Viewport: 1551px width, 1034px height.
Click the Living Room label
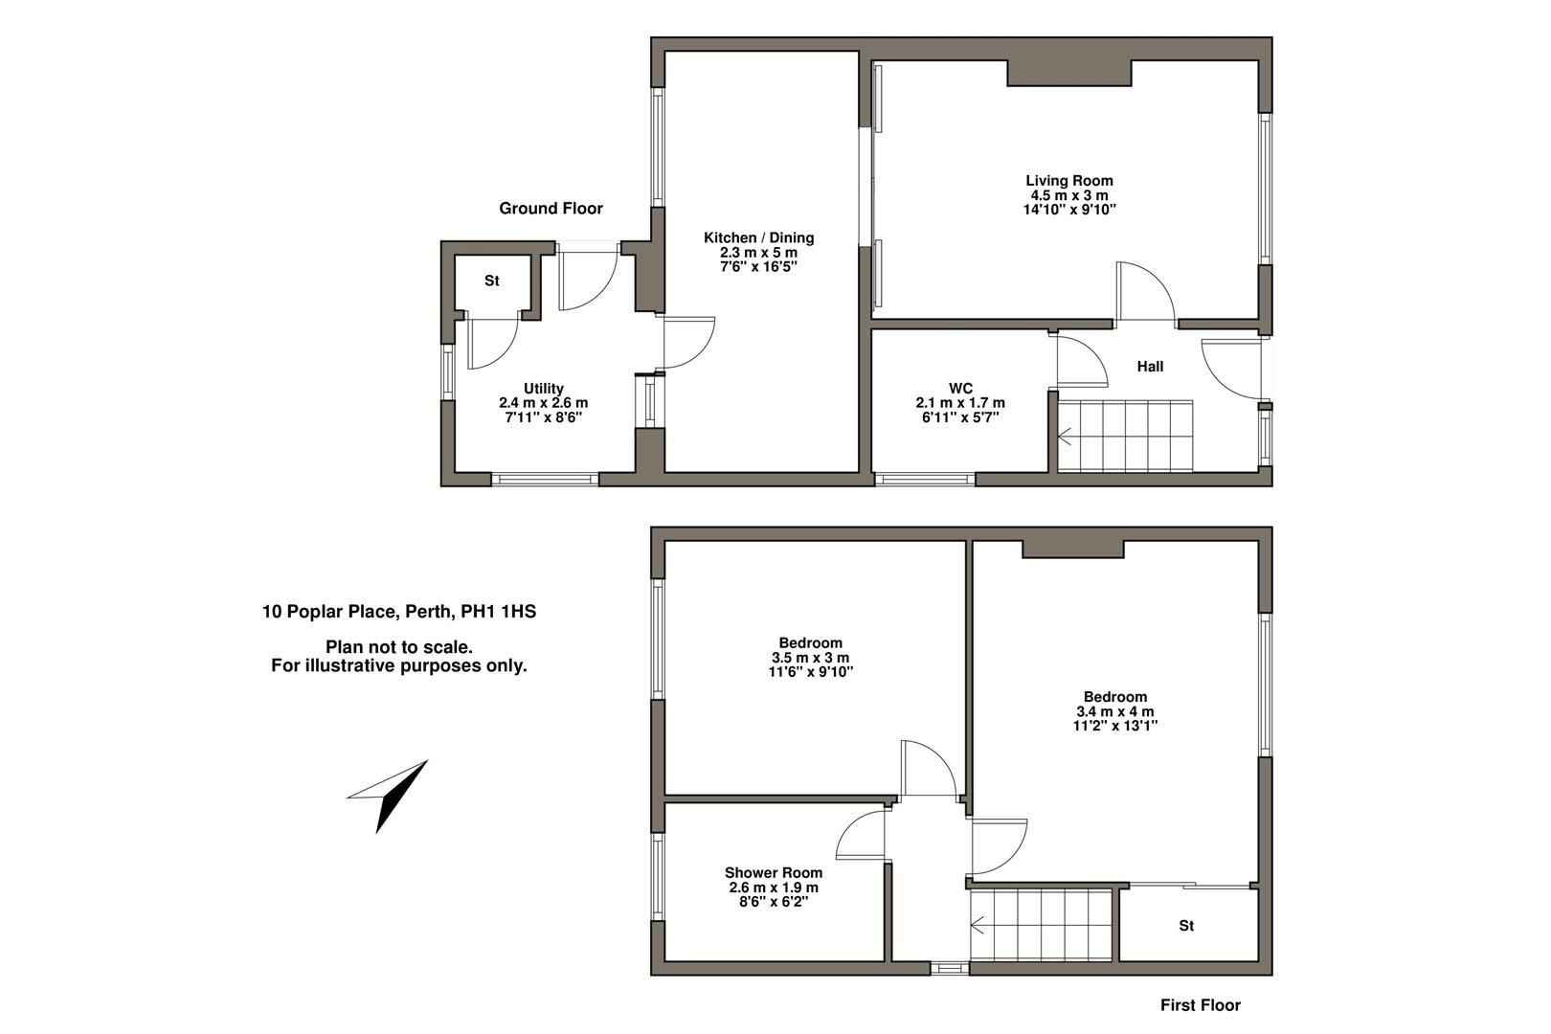click(1068, 181)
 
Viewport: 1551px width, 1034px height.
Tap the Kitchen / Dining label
click(758, 238)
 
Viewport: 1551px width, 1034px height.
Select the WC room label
click(960, 389)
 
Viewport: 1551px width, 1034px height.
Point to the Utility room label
click(543, 389)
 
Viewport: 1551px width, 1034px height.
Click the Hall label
click(1150, 367)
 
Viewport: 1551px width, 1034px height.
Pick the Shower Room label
click(773, 873)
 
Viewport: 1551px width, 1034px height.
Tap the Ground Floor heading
click(551, 209)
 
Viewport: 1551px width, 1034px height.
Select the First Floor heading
click(1200, 1005)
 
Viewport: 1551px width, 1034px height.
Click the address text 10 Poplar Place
click(398, 612)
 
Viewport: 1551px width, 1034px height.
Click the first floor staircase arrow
click(978, 926)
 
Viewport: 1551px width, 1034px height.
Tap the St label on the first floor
click(1186, 926)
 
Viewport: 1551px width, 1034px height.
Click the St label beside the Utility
click(491, 281)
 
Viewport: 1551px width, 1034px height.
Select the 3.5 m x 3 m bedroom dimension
click(810, 659)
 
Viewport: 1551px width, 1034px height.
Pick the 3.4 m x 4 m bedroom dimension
click(1115, 712)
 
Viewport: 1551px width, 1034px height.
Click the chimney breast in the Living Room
click(1068, 73)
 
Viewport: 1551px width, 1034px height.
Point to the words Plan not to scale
click(398, 648)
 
